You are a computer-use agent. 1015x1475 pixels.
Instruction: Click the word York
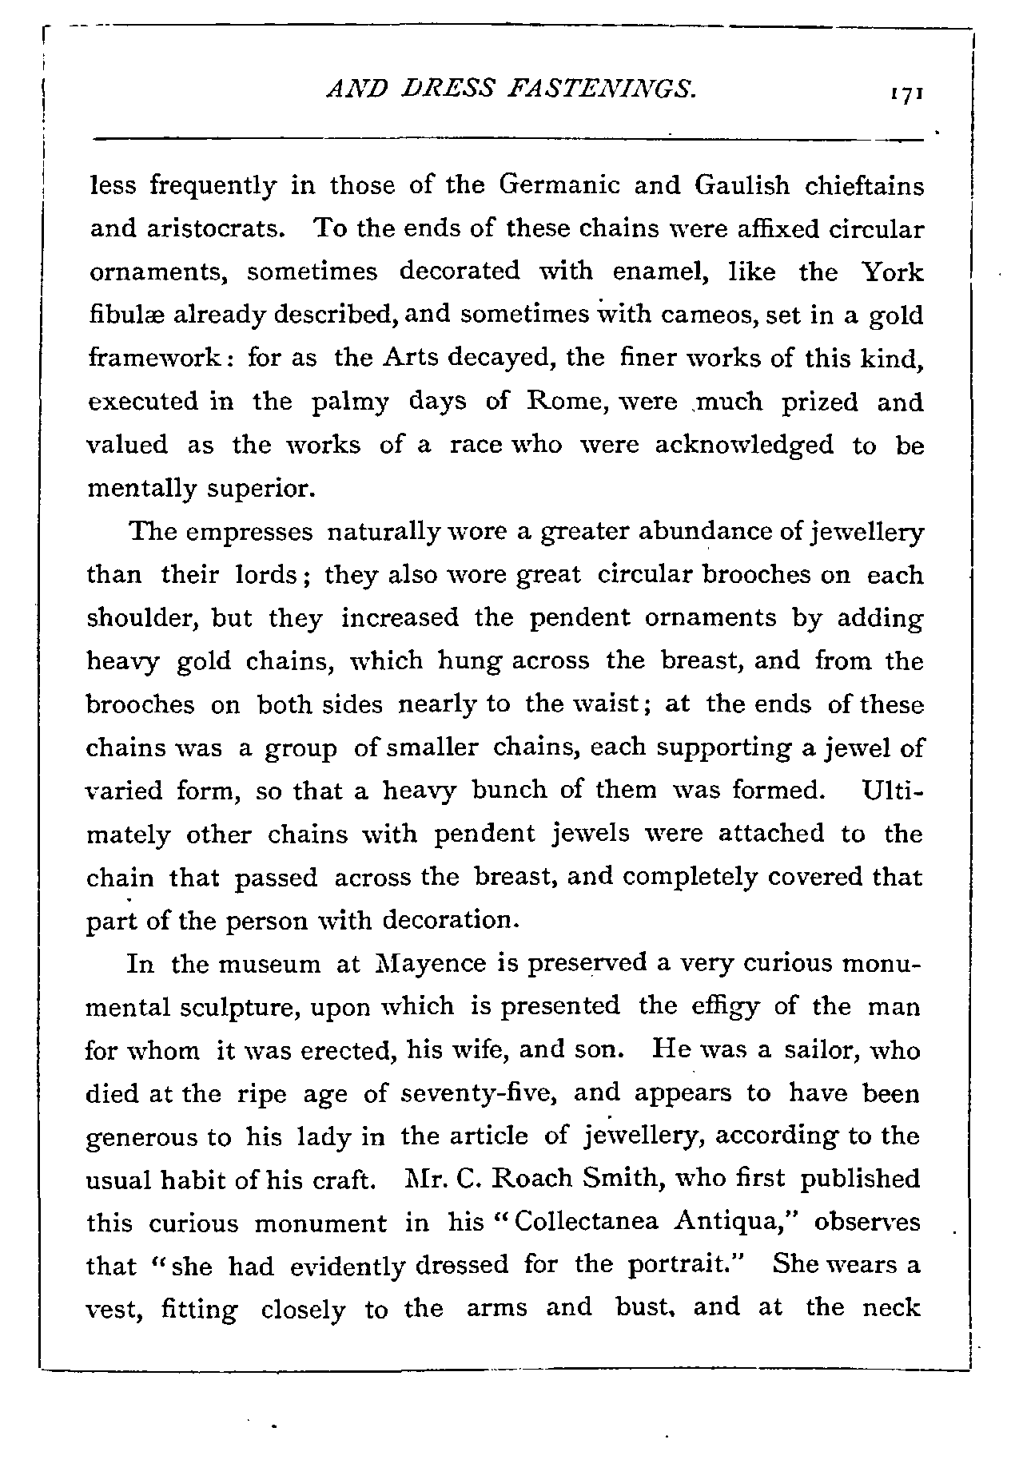pos(892,272)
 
